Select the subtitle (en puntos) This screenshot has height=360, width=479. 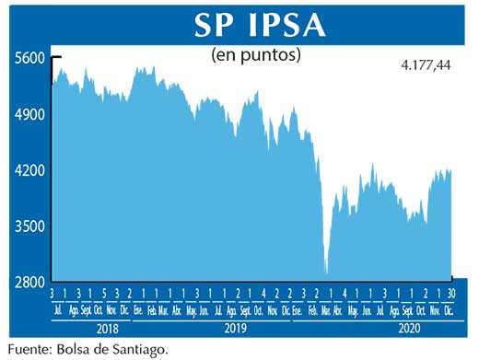tap(257, 54)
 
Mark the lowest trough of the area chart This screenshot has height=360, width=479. tap(327, 273)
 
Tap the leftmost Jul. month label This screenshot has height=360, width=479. tap(60, 310)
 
